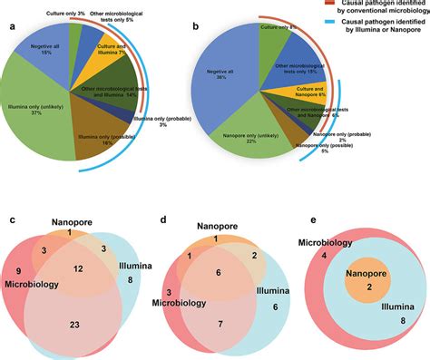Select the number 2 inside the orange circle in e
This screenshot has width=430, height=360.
coord(361,287)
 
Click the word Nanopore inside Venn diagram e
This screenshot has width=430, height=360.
coord(361,271)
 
